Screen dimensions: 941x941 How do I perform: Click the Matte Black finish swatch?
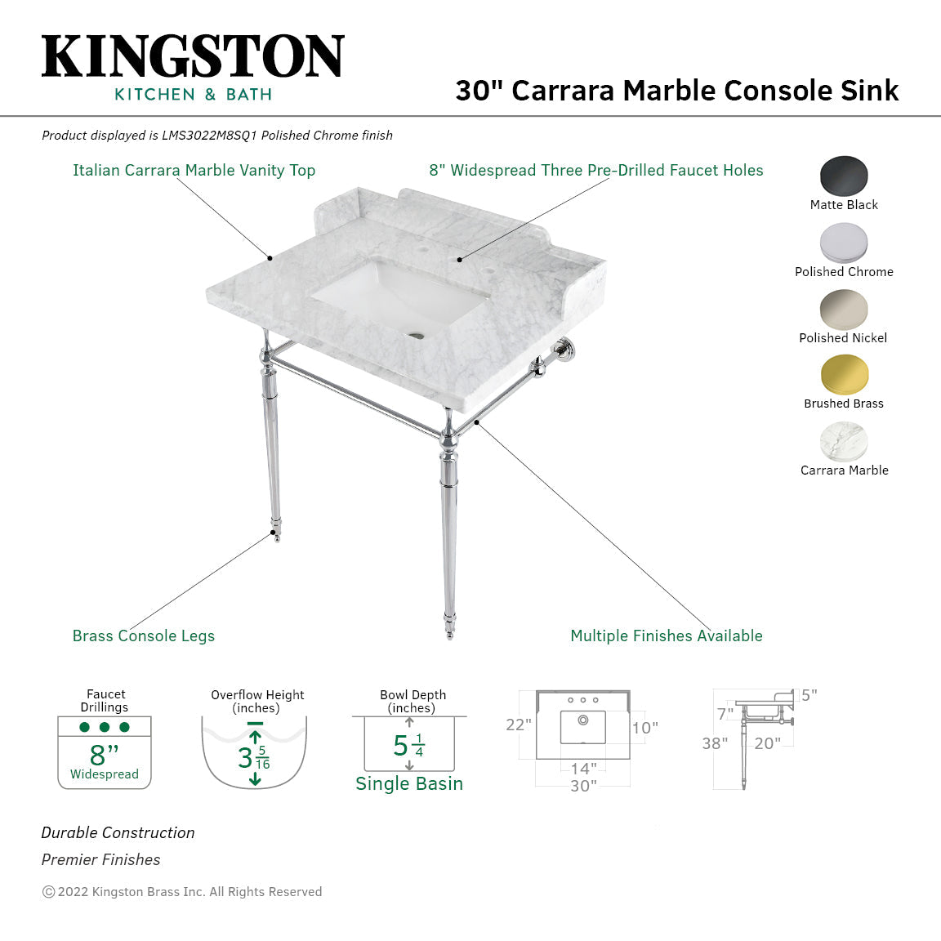coord(844,176)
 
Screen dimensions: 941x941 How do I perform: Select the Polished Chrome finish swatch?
coord(844,243)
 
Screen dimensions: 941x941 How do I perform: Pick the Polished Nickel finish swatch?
coord(844,310)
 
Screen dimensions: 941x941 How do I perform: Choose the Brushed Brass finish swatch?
coord(844,375)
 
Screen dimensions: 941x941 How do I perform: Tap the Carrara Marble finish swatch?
coord(844,442)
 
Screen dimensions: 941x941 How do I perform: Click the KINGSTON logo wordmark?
coord(193,57)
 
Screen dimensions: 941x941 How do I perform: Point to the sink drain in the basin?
coord(418,334)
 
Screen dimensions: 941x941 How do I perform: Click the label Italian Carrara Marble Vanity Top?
coord(194,171)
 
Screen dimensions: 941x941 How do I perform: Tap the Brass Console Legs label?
coord(144,636)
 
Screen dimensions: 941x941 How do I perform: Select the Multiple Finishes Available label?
coord(666,636)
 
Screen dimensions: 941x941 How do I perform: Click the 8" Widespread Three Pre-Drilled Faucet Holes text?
coord(595,171)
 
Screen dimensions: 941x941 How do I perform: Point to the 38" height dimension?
coord(715,743)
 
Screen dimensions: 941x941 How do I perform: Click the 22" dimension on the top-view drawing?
coord(518,725)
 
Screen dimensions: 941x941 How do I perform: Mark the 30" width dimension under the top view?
coord(582,786)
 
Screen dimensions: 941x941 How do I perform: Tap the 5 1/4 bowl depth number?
coord(408,745)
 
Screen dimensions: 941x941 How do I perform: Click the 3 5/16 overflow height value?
coord(253,758)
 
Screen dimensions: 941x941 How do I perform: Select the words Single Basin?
coord(408,784)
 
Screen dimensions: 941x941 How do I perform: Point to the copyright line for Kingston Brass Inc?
coord(182,892)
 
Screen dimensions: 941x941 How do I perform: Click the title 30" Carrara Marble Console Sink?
coord(676,91)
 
